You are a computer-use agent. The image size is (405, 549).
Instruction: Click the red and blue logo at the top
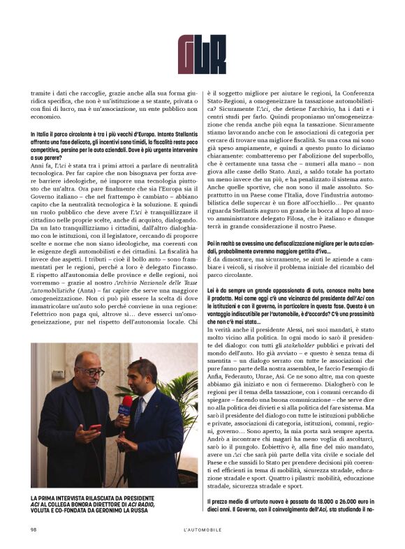pyautogui.click(x=202, y=53)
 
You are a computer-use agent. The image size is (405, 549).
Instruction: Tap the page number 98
pyautogui.click(x=34, y=529)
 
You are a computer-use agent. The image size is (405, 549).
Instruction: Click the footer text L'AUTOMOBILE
pyautogui.click(x=202, y=529)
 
